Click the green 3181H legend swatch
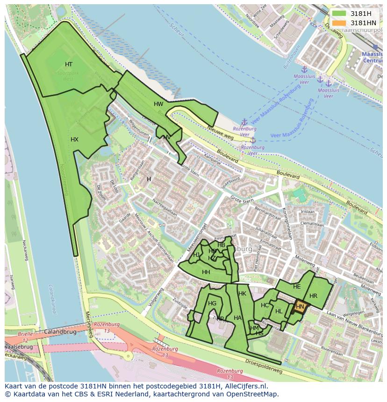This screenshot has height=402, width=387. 339,14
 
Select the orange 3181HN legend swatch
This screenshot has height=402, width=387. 339,23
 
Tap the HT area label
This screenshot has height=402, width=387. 69,64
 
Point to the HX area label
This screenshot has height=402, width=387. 74,140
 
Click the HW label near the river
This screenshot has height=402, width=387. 158,104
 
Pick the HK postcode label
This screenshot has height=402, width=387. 242,294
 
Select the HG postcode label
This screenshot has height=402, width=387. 212,303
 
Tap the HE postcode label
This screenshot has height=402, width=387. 297,287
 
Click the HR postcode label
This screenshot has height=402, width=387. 313,296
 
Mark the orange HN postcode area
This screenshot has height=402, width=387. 300,307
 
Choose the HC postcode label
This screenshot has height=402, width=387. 265,305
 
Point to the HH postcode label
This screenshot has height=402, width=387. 206,272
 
